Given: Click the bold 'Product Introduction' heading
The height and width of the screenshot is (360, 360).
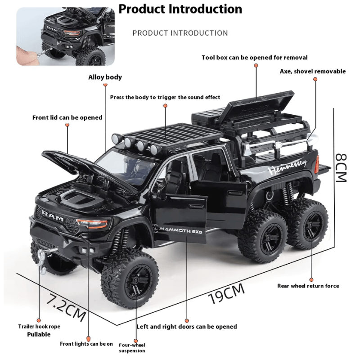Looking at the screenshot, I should click(180, 9).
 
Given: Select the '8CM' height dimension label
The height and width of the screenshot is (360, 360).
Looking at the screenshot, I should click(341, 168).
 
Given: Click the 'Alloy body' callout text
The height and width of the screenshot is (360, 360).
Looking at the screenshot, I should click(105, 77).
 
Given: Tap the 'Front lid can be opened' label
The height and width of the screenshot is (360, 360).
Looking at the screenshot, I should click(67, 117).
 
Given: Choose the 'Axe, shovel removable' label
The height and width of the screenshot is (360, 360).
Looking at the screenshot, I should click(312, 71).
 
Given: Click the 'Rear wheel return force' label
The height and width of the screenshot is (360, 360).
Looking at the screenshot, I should click(308, 285).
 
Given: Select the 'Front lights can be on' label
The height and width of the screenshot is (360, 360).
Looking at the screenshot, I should click(86, 344).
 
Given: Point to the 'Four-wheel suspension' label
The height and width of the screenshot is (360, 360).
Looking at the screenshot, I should click(132, 347).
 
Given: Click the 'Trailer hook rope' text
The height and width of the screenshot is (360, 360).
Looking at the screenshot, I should click(39, 326).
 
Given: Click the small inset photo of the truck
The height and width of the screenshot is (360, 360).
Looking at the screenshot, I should click(66, 36).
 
